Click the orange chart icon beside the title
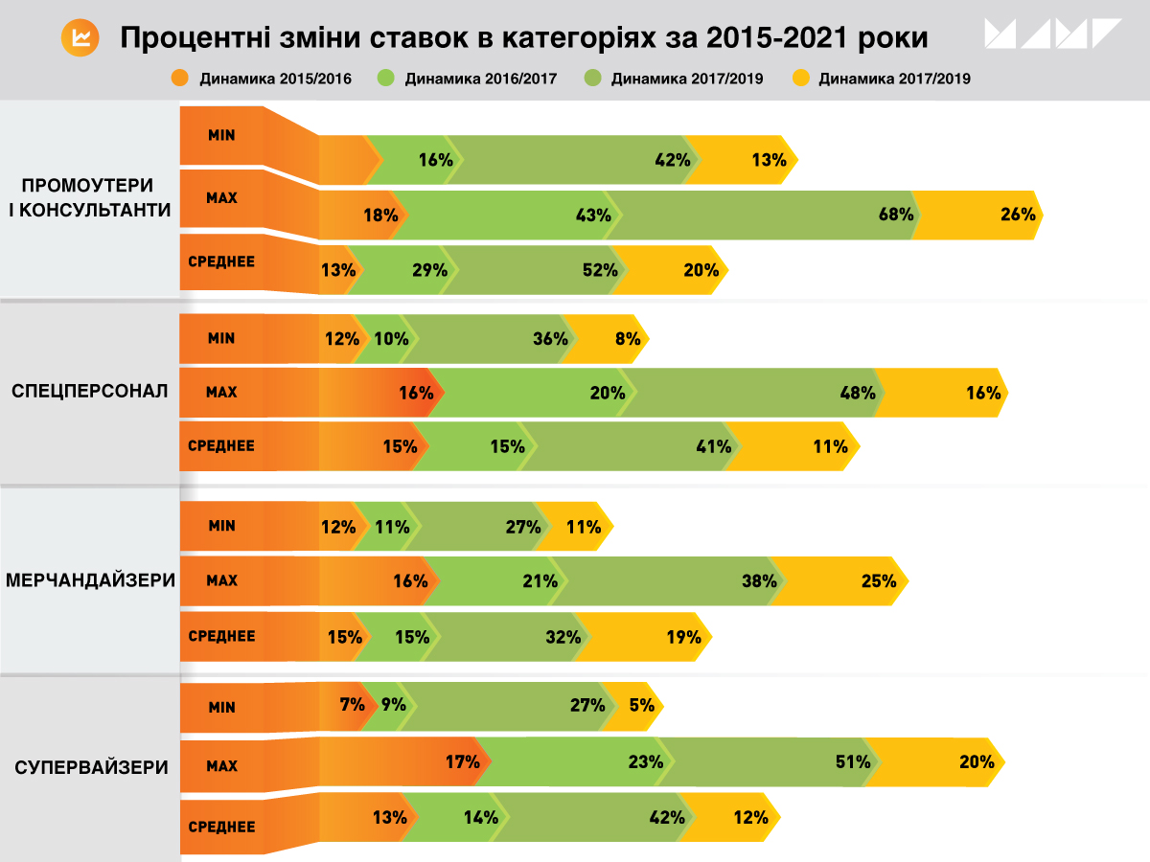80,38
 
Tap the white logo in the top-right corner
1051,34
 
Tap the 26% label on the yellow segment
1018,215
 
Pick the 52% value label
600,270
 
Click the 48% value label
858,392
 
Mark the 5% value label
642,706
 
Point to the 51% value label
853,762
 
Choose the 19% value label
683,636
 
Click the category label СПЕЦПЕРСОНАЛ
90,391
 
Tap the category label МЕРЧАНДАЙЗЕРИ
90,580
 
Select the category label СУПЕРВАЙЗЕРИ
92,767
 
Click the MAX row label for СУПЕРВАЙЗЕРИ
222,766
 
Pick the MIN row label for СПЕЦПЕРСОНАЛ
222,338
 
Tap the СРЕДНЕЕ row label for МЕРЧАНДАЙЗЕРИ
222,636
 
